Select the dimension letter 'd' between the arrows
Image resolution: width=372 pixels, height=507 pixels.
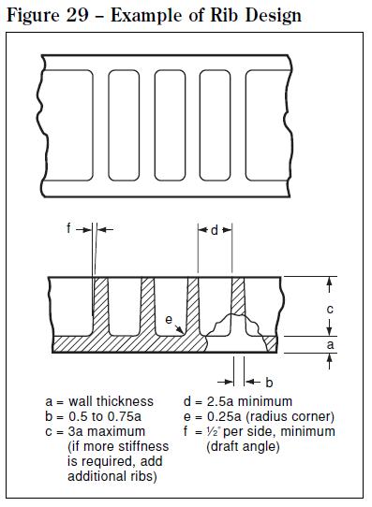[215, 228]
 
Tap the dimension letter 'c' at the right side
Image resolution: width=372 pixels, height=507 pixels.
[329, 308]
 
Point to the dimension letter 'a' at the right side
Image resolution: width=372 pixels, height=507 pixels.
[329, 343]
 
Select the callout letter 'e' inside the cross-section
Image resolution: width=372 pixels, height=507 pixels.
[168, 319]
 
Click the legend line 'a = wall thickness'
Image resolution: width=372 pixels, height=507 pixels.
[99, 401]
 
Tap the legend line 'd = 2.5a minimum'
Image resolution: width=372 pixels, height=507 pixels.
[238, 401]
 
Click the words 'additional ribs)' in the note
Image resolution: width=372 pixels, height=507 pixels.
[112, 476]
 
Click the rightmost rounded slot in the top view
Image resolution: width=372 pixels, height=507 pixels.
[261, 123]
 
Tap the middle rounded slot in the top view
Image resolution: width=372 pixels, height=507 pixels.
[170, 123]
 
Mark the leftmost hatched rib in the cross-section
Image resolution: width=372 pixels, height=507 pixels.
[101, 309]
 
